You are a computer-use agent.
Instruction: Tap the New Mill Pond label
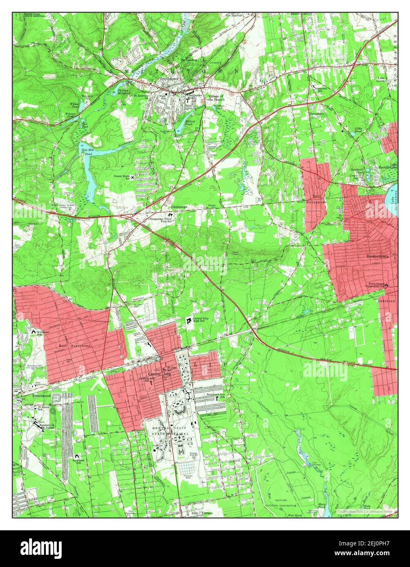[86, 152]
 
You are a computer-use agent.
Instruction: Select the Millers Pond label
[190, 122]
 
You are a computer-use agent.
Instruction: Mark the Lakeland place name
[386, 301]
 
